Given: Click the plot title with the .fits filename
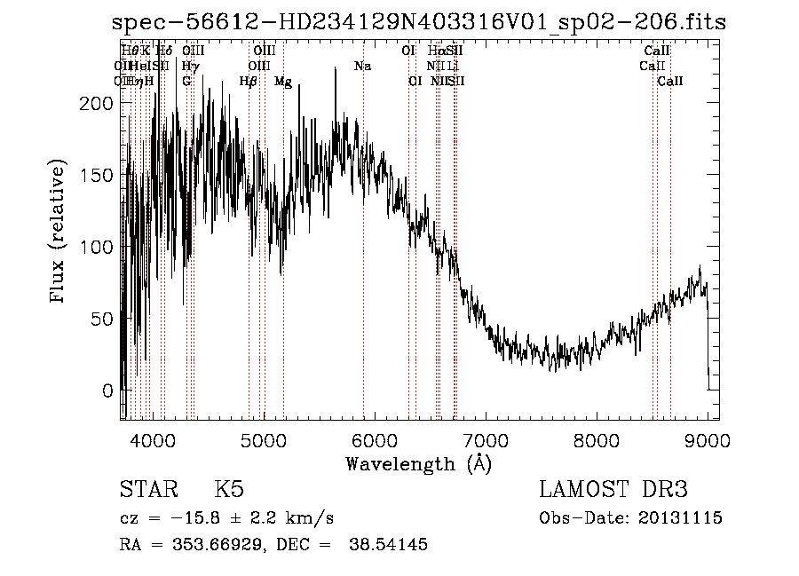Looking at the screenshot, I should (x=419, y=23).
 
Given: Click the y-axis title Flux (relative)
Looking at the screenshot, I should (x=59, y=233).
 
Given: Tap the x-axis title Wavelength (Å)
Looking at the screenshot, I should (x=418, y=463).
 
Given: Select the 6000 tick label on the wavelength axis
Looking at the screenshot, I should (x=375, y=439).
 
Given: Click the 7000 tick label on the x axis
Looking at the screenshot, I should (x=486, y=439).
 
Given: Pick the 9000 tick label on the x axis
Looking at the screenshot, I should (x=708, y=439).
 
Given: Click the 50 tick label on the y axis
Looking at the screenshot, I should (x=105, y=319).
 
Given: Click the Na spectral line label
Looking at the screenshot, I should (x=362, y=66).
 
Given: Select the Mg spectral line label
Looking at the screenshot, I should (x=283, y=82).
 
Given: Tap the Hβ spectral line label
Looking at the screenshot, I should (x=249, y=82).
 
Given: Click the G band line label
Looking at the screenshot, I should (x=186, y=82).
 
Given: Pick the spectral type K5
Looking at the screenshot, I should (x=229, y=490).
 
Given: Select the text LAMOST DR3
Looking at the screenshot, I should (x=613, y=490).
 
